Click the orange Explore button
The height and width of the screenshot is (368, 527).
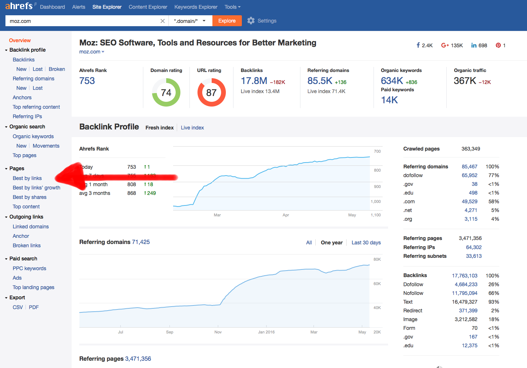click(227, 21)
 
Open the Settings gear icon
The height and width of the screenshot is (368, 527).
click(251, 21)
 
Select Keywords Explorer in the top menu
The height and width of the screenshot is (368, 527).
click(196, 7)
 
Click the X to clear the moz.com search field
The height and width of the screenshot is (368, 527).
click(163, 21)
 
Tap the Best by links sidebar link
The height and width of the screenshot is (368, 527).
click(27, 178)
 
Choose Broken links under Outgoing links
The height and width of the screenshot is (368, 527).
click(27, 245)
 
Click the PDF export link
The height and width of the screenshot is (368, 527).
click(34, 307)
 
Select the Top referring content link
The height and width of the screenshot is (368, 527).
click(36, 107)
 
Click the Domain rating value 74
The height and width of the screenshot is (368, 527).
click(166, 93)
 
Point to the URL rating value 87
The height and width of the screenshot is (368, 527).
click(211, 93)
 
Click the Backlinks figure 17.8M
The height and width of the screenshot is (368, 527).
click(254, 81)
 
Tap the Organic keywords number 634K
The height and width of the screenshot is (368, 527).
click(392, 81)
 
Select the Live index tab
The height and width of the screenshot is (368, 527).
click(192, 128)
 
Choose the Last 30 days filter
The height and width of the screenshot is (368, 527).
click(366, 243)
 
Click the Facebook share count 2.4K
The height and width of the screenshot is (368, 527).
click(427, 45)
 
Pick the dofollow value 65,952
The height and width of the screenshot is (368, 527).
click(470, 175)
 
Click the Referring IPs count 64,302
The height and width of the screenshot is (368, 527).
click(474, 247)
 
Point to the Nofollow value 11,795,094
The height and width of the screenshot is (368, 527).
click(464, 293)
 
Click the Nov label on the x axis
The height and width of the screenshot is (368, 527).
click(218, 332)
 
